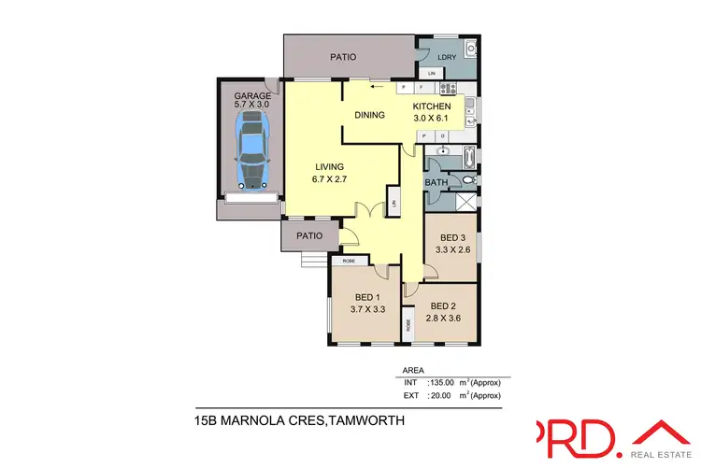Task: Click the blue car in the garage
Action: click(250, 150)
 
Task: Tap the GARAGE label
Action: click(252, 96)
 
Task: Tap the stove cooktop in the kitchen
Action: click(447, 89)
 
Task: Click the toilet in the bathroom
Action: click(468, 180)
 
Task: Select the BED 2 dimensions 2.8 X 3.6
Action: click(444, 319)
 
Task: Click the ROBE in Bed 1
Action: click(348, 262)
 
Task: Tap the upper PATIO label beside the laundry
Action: click(343, 57)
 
